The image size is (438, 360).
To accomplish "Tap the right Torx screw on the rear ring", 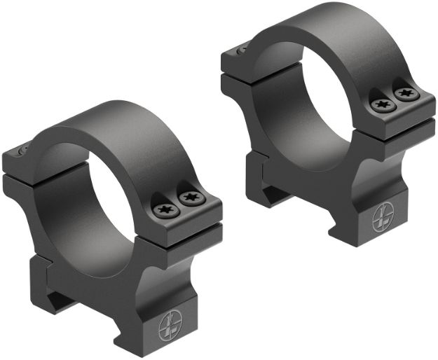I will pos(404,94).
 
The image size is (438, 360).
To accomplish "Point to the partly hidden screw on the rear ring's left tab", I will pos(242,49).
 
